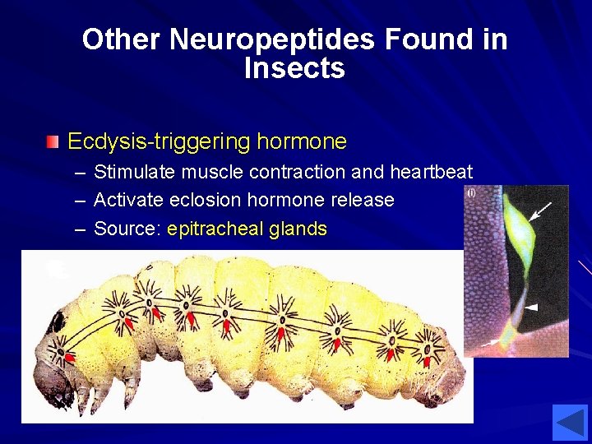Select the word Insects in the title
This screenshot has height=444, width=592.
coord(294,68)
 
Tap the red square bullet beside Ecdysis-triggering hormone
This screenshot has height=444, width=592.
coord(53,142)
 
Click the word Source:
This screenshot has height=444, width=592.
coord(127,229)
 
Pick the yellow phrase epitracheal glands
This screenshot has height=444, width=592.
coord(247,229)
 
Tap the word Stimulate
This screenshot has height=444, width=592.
coord(136,172)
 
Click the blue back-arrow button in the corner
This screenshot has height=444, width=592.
coord(569,422)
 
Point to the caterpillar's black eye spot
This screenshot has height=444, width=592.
coord(56,321)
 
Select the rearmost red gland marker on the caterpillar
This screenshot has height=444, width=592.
coord(426,359)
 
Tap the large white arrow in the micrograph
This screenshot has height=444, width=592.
coord(540,213)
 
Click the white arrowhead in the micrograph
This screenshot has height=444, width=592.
coord(532,307)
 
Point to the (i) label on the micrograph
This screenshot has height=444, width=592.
coord(471,193)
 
